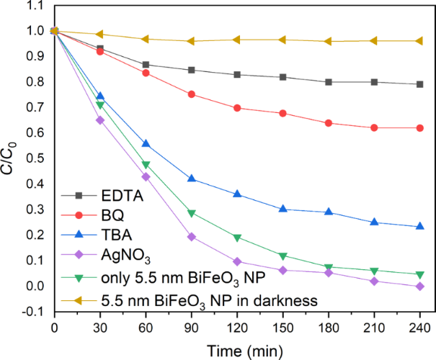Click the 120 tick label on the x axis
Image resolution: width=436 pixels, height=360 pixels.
pyautogui.click(x=237, y=326)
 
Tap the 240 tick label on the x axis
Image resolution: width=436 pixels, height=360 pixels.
pyautogui.click(x=419, y=326)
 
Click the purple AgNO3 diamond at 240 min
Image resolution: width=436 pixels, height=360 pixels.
pyautogui.click(x=419, y=287)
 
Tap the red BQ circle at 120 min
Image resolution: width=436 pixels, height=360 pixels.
pyautogui.click(x=237, y=108)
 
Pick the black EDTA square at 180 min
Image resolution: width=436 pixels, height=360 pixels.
pyautogui.click(x=329, y=82)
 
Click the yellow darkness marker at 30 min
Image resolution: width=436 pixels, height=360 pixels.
pyautogui.click(x=100, y=34)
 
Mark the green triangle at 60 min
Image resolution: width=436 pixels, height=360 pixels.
pyautogui.click(x=146, y=165)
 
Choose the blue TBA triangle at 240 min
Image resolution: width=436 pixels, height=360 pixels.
pyautogui.click(x=419, y=227)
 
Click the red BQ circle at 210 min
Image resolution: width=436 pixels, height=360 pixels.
pyautogui.click(x=374, y=127)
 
